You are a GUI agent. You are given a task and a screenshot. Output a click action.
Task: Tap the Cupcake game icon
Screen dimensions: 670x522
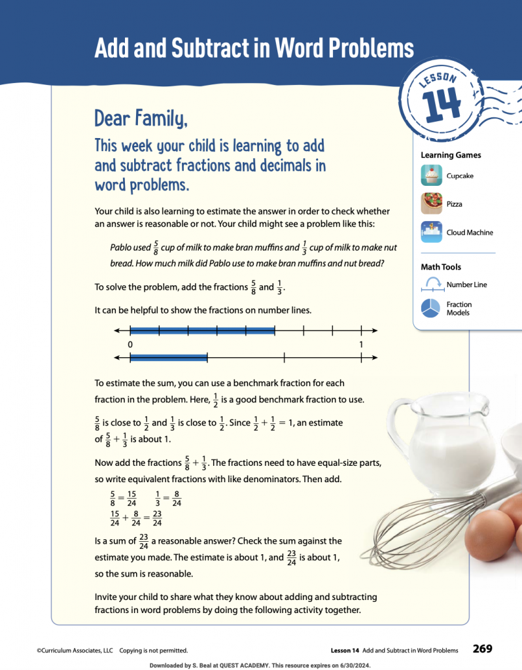click(432, 175)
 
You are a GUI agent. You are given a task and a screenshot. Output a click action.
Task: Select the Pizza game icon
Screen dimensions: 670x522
click(432, 203)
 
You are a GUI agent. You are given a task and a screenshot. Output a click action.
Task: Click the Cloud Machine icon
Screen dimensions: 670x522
click(432, 232)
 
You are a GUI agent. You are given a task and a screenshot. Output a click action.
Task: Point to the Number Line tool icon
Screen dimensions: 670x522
click(432, 283)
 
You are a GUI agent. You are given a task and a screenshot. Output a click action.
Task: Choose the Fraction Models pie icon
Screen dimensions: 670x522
click(432, 308)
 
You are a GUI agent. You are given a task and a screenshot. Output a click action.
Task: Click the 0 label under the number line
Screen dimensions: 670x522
click(131, 344)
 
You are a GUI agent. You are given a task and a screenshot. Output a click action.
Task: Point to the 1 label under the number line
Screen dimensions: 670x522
click(361, 344)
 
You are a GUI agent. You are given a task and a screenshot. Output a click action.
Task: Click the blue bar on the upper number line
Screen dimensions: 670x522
click(202, 330)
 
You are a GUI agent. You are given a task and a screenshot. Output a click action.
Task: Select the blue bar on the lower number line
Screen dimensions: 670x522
click(169, 357)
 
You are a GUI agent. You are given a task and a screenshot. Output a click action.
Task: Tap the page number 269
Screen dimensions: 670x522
click(482, 649)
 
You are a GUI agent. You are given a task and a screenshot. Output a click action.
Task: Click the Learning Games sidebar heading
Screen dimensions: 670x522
click(451, 155)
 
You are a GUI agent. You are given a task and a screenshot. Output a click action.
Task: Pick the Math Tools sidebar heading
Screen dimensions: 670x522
click(440, 267)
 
